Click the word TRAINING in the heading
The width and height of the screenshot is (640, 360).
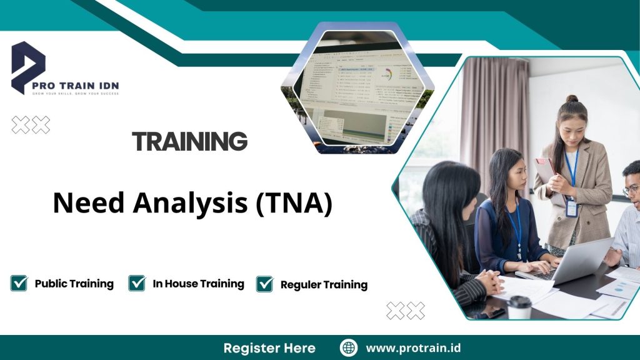click(x=190, y=142)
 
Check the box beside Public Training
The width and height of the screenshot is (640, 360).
click(x=19, y=284)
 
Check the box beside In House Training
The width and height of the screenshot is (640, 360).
click(x=137, y=284)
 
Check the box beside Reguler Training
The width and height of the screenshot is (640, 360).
click(x=264, y=284)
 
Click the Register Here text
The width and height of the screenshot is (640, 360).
click(x=269, y=348)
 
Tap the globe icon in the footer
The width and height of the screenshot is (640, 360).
click(x=348, y=348)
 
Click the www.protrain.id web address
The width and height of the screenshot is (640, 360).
click(x=413, y=348)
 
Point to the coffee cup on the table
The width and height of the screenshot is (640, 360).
click(x=519, y=307)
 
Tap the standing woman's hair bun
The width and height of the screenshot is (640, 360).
click(x=572, y=99)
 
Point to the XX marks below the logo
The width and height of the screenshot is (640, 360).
click(x=31, y=125)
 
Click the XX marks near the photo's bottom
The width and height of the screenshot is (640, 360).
click(x=405, y=310)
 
